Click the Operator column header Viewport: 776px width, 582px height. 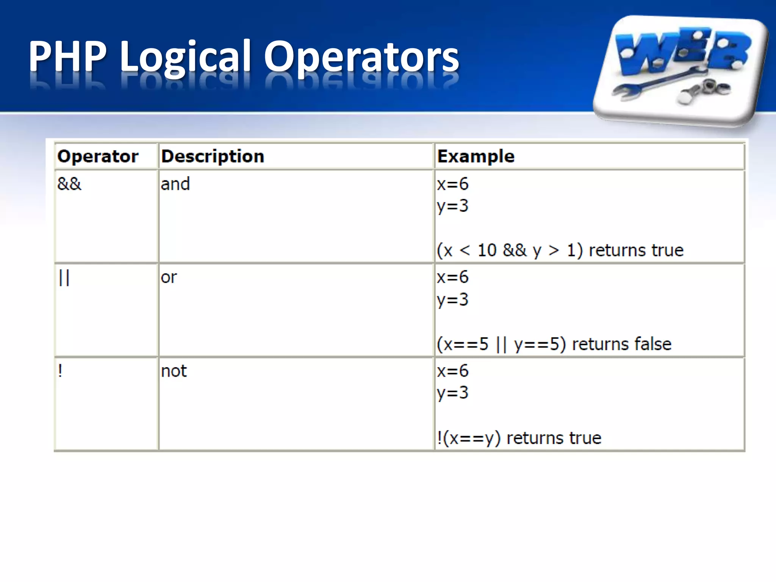98,156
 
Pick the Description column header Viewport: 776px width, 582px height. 213,156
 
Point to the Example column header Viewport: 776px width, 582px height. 476,156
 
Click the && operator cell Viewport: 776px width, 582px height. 69,184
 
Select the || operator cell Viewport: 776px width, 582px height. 64,278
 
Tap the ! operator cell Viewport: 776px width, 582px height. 60,371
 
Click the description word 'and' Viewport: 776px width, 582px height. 175,184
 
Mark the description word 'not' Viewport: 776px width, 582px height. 174,371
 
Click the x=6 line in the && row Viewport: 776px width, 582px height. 452,184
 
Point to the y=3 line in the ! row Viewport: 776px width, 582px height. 452,393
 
